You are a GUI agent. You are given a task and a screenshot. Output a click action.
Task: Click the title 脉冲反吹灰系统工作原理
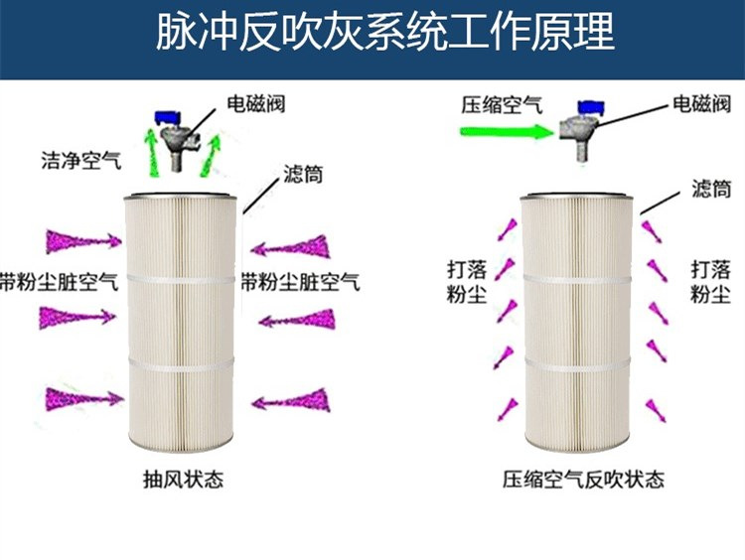click(385, 33)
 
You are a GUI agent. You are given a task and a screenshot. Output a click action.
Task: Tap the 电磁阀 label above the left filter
click(256, 104)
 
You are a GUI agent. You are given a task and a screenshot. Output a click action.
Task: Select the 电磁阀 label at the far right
click(701, 103)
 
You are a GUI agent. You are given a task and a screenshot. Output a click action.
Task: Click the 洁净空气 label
click(81, 161)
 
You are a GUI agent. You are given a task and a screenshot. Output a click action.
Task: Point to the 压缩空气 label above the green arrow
click(502, 105)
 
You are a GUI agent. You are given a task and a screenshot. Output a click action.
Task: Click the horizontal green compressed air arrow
click(507, 132)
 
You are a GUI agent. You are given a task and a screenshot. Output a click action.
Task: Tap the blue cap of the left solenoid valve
click(168, 116)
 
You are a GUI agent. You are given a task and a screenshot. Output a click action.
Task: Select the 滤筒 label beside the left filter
click(303, 175)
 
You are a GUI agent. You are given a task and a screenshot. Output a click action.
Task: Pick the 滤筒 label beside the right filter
click(711, 189)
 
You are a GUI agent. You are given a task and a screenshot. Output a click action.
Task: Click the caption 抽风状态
click(184, 480)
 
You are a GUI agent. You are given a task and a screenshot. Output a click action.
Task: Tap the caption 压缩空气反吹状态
click(583, 480)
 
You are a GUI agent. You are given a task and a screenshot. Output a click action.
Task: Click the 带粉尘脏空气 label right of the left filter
click(300, 282)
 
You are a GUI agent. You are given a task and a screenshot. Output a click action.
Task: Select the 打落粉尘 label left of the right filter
click(467, 282)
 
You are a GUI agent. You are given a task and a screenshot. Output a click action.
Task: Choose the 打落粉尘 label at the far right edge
click(710, 282)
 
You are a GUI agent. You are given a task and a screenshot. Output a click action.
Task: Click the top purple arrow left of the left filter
click(83, 241)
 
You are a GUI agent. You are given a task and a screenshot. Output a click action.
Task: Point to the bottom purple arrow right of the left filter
click(291, 401)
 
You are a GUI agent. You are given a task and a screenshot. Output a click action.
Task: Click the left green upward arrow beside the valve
click(153, 153)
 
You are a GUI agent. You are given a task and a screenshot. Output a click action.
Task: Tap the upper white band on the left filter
click(181, 280)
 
